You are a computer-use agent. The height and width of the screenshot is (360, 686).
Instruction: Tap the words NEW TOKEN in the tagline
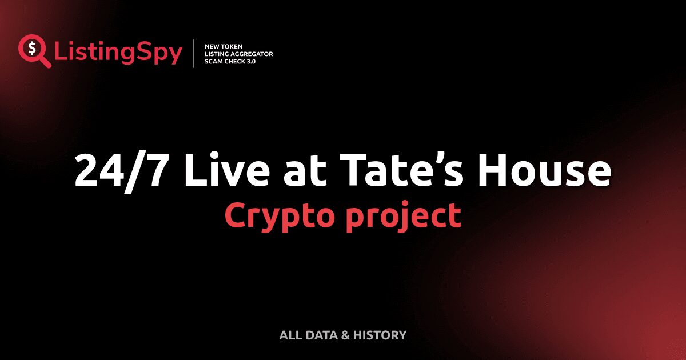pos(220,46)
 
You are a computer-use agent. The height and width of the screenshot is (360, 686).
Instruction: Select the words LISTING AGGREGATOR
pos(238,54)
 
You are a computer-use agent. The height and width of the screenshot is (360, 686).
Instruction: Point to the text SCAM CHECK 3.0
pos(230,61)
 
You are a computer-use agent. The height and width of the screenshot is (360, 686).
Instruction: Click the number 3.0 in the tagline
pos(250,61)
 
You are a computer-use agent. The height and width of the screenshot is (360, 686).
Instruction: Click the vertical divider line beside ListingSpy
pos(194,54)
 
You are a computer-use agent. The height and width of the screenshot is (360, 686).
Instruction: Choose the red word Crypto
pos(280,217)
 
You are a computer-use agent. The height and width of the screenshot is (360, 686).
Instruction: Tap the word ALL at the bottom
pos(289,335)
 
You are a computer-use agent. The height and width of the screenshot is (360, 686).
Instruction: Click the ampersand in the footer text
pos(345,335)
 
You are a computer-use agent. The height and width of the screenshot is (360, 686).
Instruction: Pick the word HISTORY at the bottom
pos(380,335)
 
